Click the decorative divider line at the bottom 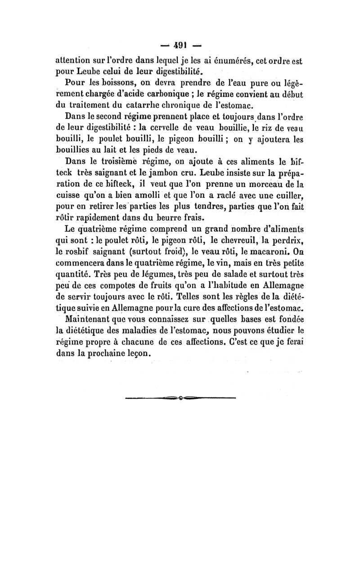coord(180,397)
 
